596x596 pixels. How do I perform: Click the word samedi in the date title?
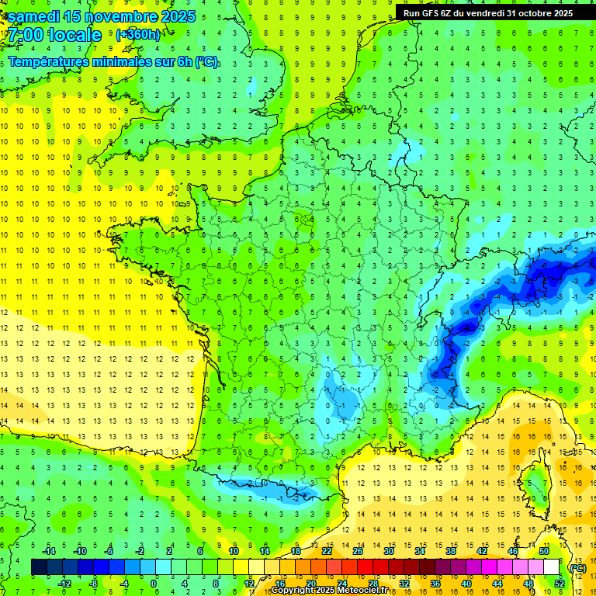[36, 16]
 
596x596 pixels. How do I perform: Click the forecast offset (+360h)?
[137, 35]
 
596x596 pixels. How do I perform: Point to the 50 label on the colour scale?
[543, 551]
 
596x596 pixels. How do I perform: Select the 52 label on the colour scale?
[559, 584]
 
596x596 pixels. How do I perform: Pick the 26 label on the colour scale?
[357, 551]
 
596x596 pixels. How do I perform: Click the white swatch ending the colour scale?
[551, 567]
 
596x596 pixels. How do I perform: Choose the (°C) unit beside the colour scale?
[577, 567]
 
